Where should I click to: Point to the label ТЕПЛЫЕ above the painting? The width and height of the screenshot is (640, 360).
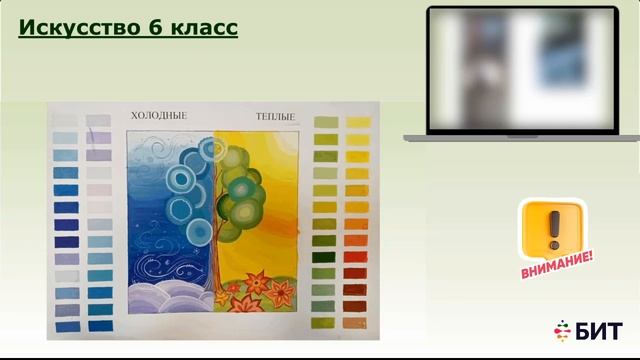pyautogui.click(x=275, y=117)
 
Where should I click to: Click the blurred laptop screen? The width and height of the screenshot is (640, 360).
pyautogui.click(x=521, y=69)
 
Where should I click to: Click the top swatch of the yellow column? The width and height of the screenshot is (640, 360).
pyautogui.click(x=357, y=122)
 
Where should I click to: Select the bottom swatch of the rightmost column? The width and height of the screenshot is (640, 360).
pyautogui.click(x=357, y=324)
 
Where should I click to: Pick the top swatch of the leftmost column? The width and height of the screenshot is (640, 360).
pyautogui.click(x=65, y=121)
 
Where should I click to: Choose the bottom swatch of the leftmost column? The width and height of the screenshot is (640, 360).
pyautogui.click(x=66, y=326)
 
